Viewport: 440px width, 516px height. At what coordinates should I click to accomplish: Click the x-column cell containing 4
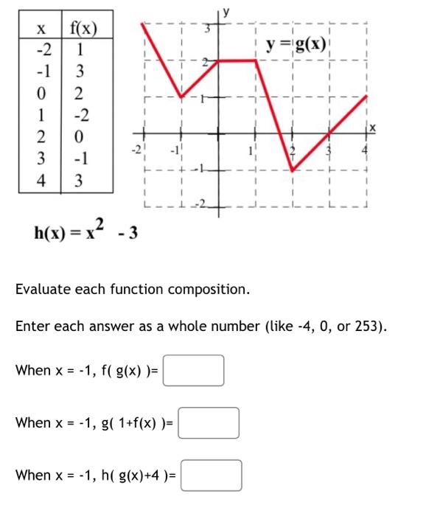point(42,180)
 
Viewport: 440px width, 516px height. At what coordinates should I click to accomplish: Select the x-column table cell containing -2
point(42,52)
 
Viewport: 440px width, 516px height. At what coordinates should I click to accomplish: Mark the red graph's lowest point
point(293,170)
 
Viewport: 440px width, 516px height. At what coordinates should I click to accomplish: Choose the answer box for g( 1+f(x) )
point(209,422)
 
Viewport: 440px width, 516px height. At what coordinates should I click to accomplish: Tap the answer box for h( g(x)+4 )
point(212,475)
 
